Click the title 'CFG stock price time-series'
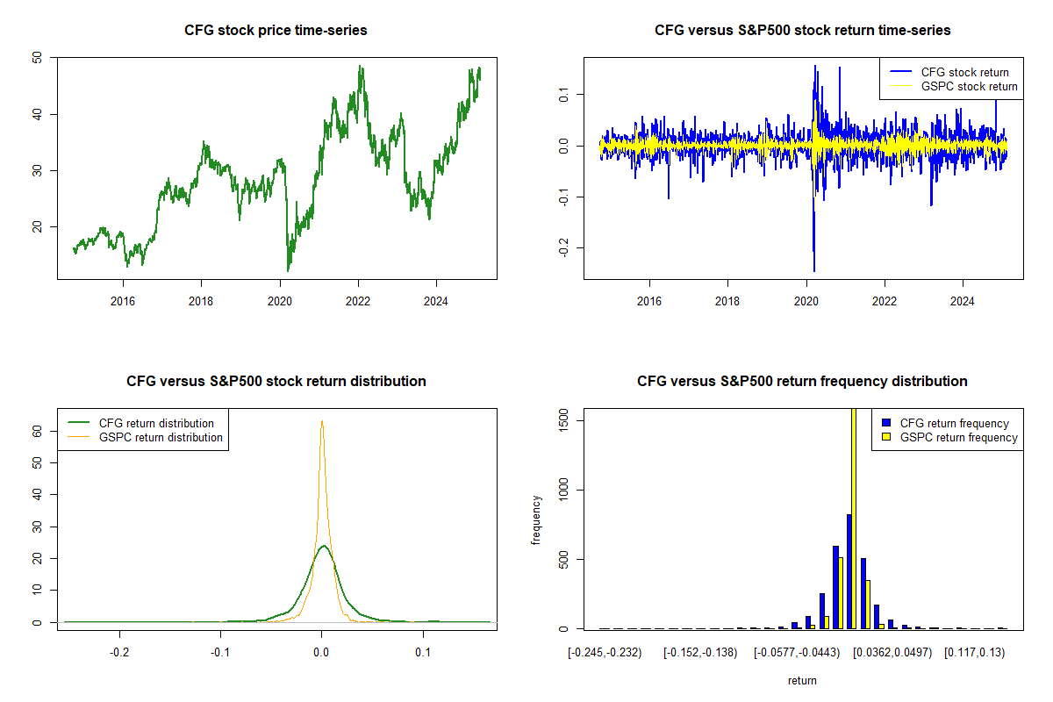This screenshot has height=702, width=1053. tap(276, 31)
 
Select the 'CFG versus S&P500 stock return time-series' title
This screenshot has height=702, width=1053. tap(802, 31)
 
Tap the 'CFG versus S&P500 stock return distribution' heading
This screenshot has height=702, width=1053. tap(276, 382)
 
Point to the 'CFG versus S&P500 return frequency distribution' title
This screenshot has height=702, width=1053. tap(802, 382)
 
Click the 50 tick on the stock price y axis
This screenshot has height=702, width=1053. tap(37, 58)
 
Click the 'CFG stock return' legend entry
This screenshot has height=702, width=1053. tap(963, 72)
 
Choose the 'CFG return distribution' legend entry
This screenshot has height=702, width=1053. tap(156, 423)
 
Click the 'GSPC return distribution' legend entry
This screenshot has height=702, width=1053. tap(161, 437)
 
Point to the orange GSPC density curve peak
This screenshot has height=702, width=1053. tap(322, 421)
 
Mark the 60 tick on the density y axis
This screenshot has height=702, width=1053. tap(37, 432)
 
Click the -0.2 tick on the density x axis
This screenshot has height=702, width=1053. tap(119, 653)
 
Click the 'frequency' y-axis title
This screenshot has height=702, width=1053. tap(537, 519)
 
